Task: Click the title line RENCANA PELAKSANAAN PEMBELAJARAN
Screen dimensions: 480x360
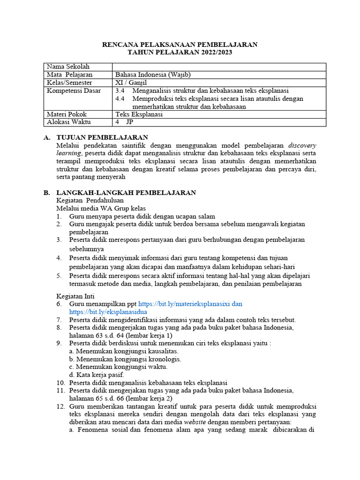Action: [x=180, y=45]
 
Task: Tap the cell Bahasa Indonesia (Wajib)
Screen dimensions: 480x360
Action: [x=153, y=75]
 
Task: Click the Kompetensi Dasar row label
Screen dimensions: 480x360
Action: [x=74, y=90]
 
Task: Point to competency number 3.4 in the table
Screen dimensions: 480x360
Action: [x=120, y=90]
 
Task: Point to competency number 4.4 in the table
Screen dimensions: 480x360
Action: [x=120, y=98]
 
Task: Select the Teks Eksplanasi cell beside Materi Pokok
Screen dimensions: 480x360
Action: [x=139, y=114]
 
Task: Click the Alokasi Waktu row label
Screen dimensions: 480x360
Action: [x=69, y=122]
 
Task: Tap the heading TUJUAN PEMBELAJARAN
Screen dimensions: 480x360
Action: [x=102, y=137]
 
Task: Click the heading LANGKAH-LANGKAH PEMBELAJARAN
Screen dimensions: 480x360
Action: [x=126, y=193]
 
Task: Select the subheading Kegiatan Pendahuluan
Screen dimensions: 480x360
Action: [x=90, y=200]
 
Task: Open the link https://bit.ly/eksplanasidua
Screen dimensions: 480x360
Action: [x=108, y=312]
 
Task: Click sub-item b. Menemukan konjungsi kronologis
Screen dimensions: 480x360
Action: [x=125, y=359]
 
